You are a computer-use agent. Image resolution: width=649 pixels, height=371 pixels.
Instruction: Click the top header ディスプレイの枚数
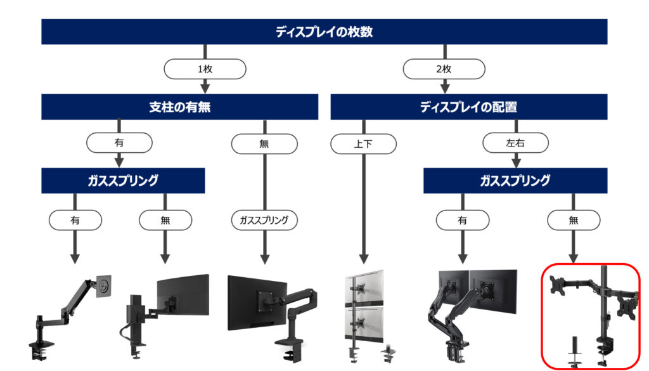(324, 32)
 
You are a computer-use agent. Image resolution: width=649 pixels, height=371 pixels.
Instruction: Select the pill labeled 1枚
(205, 69)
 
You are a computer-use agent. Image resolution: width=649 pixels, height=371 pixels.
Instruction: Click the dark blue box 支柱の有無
(179, 107)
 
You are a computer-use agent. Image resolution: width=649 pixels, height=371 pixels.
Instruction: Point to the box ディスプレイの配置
(469, 107)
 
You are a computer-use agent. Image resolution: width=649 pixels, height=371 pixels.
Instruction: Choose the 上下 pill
(363, 144)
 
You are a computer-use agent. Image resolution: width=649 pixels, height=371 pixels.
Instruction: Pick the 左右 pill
(515, 144)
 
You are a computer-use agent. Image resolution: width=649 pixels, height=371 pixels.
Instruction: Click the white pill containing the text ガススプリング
(264, 220)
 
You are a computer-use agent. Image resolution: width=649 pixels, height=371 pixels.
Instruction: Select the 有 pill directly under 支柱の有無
(119, 143)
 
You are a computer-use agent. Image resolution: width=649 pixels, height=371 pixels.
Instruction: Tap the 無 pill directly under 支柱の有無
(264, 144)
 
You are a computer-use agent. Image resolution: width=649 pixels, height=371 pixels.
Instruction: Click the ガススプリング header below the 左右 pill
(515, 181)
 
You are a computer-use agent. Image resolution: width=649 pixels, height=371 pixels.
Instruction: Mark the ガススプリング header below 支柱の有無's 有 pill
(123, 181)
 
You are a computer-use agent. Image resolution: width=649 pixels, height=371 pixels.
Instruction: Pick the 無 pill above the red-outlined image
(574, 220)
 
